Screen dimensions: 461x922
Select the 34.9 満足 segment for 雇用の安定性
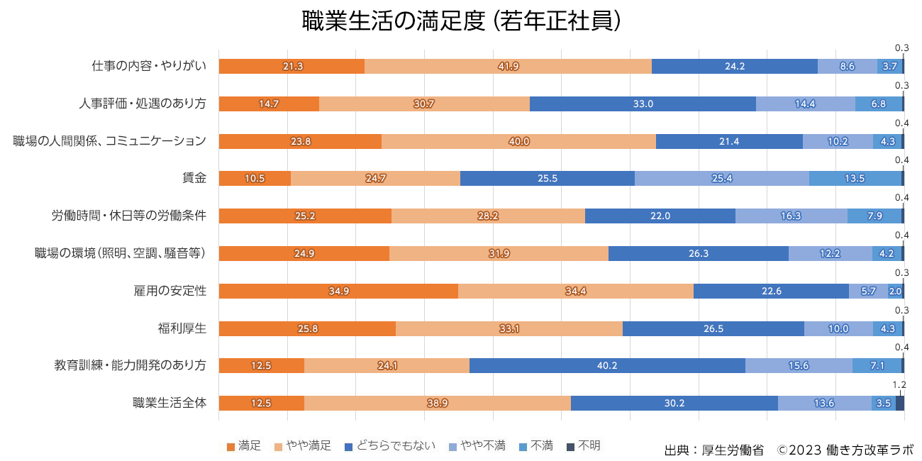[x=338, y=291]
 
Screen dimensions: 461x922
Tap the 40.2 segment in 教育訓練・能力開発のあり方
[x=607, y=365]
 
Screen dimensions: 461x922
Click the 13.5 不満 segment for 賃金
[x=855, y=178]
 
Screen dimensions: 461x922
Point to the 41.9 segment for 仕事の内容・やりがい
[x=508, y=66]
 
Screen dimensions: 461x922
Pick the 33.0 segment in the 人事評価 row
[x=643, y=104]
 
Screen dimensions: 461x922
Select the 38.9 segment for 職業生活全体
[x=437, y=403]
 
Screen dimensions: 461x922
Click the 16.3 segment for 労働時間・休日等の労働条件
[x=791, y=216]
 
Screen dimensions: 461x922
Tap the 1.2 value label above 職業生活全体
[x=899, y=385]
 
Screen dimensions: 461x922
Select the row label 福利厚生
[x=182, y=328]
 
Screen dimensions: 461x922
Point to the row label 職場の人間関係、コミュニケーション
[x=110, y=140]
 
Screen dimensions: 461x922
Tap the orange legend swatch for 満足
[x=230, y=447]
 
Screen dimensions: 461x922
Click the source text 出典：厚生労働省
[x=713, y=450]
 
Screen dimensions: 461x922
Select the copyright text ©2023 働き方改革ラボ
[x=845, y=450]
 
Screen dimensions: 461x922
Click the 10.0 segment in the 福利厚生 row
[x=838, y=328]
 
